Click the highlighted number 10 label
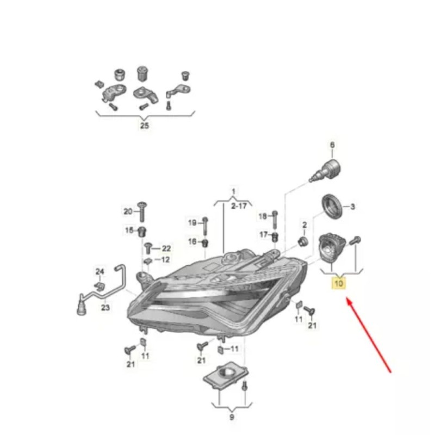pyautogui.click(x=339, y=283)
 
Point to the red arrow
pyautogui.click(x=369, y=335)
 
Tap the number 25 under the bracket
pyautogui.click(x=144, y=126)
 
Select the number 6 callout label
pyautogui.click(x=332, y=145)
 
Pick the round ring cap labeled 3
pyautogui.click(x=332, y=207)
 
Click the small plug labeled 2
pyautogui.click(x=303, y=241)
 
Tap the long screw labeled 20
pyautogui.click(x=142, y=212)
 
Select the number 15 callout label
pyautogui.click(x=129, y=230)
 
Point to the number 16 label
pyautogui.click(x=192, y=241)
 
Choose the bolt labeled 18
pyautogui.click(x=275, y=220)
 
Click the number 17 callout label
pyautogui.click(x=264, y=235)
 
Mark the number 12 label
pyautogui.click(x=165, y=260)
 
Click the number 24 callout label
pyautogui.click(x=100, y=271)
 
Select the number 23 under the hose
pyautogui.click(x=105, y=307)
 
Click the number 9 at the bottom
pyautogui.click(x=232, y=417)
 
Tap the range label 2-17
pyautogui.click(x=239, y=206)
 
